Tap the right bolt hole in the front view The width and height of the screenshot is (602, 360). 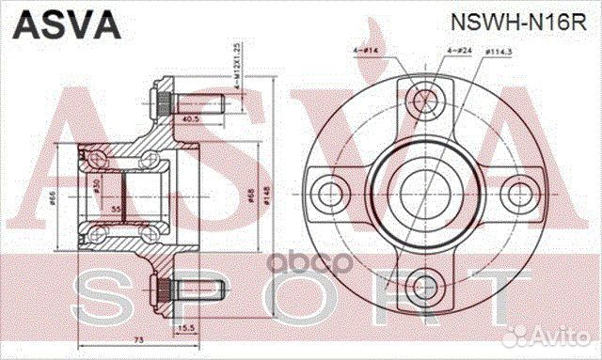517,194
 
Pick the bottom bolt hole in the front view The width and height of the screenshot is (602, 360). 420,286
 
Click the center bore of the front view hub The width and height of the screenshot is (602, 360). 421,194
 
